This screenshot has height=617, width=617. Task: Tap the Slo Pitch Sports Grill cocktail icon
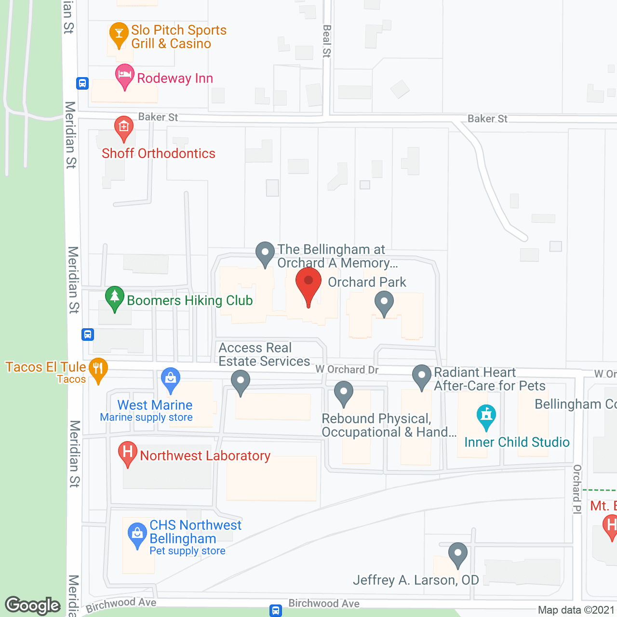(119, 34)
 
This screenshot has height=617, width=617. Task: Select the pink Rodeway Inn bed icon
(125, 75)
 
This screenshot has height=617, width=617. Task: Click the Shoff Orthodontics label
(159, 153)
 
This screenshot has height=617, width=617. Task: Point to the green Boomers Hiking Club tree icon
(115, 297)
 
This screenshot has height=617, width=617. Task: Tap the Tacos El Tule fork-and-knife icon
(98, 369)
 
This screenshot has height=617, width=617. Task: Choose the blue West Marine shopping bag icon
(171, 379)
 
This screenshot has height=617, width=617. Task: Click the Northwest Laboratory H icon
(128, 453)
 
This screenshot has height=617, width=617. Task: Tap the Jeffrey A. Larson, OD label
(416, 580)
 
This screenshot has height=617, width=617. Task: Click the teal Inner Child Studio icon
(486, 416)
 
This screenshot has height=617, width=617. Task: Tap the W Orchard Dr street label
(347, 370)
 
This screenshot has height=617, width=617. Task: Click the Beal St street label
(327, 41)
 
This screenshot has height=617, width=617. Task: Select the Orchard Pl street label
(577, 489)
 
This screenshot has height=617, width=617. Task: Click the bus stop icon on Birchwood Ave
(275, 610)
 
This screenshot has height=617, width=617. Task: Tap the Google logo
(33, 605)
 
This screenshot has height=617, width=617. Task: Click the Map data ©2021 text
(576, 610)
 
